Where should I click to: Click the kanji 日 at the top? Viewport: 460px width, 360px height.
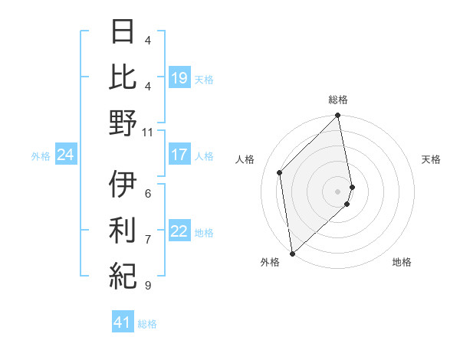pyautogui.click(x=123, y=32)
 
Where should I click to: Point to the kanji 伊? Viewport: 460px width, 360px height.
pyautogui.click(x=123, y=184)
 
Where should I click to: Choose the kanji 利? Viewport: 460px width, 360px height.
pyautogui.click(x=123, y=229)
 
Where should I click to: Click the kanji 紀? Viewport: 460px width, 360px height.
pyautogui.click(x=123, y=274)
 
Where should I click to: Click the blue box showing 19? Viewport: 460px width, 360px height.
pyautogui.click(x=179, y=77)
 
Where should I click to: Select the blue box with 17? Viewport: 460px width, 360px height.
pyautogui.click(x=179, y=155)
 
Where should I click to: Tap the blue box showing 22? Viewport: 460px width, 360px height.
pyautogui.click(x=179, y=231)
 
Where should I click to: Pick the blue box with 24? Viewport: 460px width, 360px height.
pyautogui.click(x=65, y=155)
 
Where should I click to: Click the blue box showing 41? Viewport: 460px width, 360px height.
pyautogui.click(x=123, y=323)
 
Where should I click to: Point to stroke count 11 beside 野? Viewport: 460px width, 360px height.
pyautogui.click(x=148, y=132)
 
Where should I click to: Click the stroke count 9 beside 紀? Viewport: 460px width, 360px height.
pyautogui.click(x=148, y=286)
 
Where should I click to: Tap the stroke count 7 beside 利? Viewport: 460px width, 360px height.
pyautogui.click(x=148, y=240)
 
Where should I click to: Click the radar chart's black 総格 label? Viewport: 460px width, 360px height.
pyautogui.click(x=338, y=100)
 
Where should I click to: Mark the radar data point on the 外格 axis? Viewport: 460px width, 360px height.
pyautogui.click(x=292, y=253)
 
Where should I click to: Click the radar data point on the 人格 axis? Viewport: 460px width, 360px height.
pyautogui.click(x=280, y=172)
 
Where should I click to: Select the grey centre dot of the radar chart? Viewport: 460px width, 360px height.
pyautogui.click(x=338, y=191)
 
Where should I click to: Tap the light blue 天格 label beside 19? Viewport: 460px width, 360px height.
pyautogui.click(x=204, y=79)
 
